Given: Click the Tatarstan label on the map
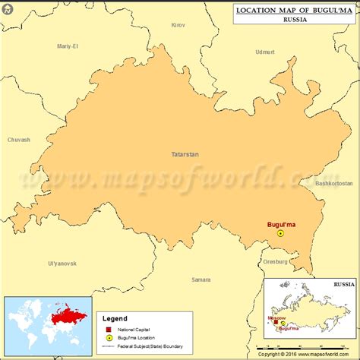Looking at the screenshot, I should [185, 154].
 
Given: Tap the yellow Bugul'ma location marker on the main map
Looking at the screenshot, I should [279, 234].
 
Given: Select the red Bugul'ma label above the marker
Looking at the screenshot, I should [281, 225].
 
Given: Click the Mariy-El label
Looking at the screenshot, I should [68, 46].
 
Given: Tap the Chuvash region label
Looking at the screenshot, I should [18, 140].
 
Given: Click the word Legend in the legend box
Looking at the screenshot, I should [115, 319].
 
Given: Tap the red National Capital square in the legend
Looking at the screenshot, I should [108, 330].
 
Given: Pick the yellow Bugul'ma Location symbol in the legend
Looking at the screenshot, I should [108, 339].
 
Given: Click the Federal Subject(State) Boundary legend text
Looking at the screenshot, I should [152, 347].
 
